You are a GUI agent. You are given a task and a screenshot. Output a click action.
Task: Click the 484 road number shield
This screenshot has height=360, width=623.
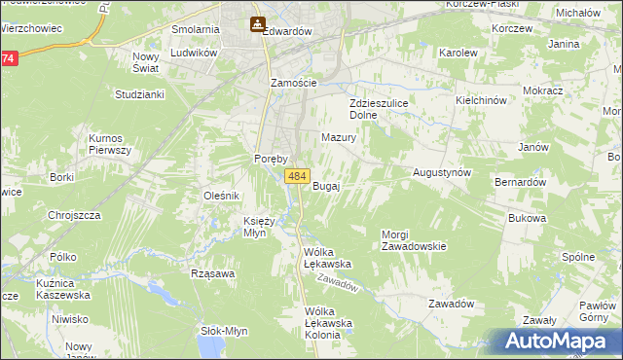pyautogui.click(x=297, y=176)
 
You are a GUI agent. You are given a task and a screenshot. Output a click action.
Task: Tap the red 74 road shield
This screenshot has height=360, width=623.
pyautogui.click(x=8, y=59)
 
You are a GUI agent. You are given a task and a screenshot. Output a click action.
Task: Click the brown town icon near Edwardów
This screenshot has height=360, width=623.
pyautogui.click(x=256, y=24)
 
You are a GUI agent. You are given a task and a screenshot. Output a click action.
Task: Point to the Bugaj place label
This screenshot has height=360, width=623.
pyautogui.click(x=325, y=186)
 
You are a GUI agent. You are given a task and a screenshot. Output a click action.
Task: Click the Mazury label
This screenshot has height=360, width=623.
pyautogui.click(x=339, y=138)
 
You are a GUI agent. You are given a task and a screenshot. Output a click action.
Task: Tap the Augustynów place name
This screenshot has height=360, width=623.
pyautogui.click(x=442, y=171)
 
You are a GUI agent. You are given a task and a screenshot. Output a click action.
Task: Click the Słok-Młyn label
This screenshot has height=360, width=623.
pyautogui.click(x=224, y=330)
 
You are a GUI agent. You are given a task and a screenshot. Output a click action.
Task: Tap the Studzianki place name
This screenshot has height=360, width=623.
pyautogui.click(x=139, y=94)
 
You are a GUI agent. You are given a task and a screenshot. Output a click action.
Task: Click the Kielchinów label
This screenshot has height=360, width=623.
pyautogui.click(x=482, y=100)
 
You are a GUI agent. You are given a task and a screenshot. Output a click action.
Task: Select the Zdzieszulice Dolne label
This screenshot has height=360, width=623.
pyautogui.click(x=378, y=108)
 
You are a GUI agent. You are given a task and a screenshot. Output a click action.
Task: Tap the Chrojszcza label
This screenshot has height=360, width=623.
pyautogui.click(x=74, y=215)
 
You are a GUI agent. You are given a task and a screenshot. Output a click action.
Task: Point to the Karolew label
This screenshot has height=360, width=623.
pyautogui.click(x=457, y=52)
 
